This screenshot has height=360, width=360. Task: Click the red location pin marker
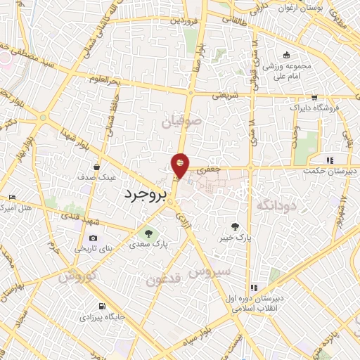[x=181, y=165]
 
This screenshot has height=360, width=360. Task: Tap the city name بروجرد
[x=145, y=194]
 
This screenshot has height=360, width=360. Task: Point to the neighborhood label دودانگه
[x=275, y=205]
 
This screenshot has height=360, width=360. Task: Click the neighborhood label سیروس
[x=210, y=271]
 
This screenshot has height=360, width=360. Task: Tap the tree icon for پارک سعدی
[x=148, y=233]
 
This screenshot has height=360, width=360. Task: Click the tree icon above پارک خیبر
[x=236, y=226]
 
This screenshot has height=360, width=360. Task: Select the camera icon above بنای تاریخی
[x=93, y=238]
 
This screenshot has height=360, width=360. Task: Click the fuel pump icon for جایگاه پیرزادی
[x=103, y=307]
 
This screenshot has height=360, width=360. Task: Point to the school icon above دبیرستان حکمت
[x=330, y=160]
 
